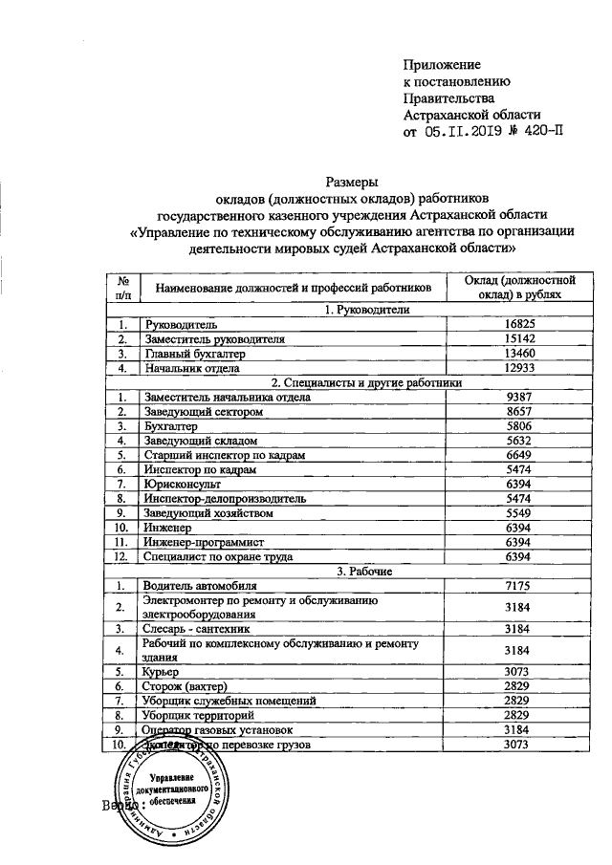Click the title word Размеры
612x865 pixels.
point(353,181)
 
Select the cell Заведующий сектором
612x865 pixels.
point(201,411)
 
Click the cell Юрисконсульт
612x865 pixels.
point(181,484)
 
